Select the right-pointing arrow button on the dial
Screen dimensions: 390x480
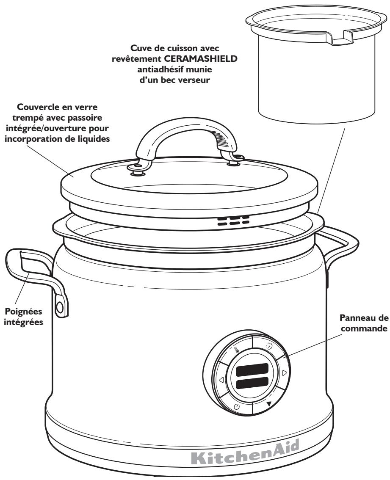284,372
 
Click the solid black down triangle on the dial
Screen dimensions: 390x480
269,403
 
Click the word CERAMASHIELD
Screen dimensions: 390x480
199,59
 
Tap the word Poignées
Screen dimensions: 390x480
24,312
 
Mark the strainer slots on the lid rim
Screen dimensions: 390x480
233,221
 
